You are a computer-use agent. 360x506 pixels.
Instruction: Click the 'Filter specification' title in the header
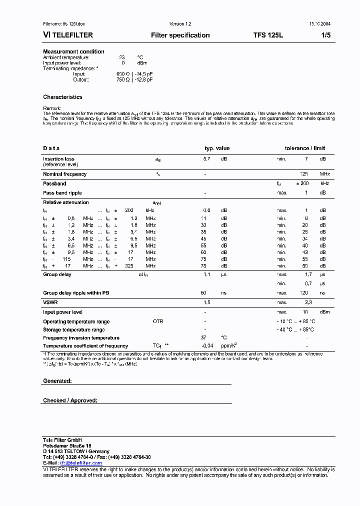coord(180,35)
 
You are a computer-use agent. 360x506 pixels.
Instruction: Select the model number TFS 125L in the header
coord(268,35)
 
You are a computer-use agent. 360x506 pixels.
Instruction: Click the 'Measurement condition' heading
coord(73,51)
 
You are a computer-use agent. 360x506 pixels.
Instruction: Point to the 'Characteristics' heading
coord(62,97)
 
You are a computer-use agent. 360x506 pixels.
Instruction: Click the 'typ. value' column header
coord(217,148)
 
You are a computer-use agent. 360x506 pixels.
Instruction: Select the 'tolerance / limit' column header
coord(304,148)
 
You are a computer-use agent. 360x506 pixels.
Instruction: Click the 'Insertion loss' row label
coord(58,159)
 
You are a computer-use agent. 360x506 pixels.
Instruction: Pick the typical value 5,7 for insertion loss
coord(206,159)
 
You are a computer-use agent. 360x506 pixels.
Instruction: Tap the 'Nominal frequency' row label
coord(64,174)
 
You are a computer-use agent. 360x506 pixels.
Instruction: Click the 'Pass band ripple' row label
coord(62,192)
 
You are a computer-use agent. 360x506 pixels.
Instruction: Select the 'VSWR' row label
coord(50,302)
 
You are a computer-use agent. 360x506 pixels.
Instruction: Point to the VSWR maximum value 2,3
coord(308,302)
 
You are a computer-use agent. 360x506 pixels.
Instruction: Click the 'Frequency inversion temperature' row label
coord(81,338)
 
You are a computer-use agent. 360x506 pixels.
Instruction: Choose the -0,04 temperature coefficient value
coord(207,346)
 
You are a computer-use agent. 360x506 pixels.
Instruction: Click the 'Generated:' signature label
coord(57,381)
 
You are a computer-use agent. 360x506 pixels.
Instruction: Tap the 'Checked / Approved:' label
coord(70,400)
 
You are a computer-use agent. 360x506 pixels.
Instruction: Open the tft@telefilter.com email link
coord(77,463)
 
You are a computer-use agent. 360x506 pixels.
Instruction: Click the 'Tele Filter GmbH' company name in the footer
coord(62,439)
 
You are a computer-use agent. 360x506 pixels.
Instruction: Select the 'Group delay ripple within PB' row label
coord(76,293)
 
